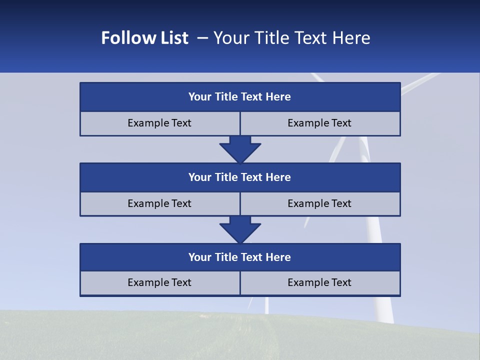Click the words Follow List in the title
tap(144, 38)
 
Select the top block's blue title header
tap(240, 96)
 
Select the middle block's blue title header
tap(240, 177)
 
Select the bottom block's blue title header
tap(240, 257)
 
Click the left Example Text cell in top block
tap(159, 123)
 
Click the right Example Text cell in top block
tap(319, 123)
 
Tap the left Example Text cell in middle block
tap(159, 203)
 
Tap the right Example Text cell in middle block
tap(319, 203)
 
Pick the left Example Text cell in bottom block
tap(159, 282)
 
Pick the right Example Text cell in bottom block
tap(319, 282)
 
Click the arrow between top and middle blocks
tap(240, 149)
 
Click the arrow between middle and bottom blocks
tap(240, 229)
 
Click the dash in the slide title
tap(202, 38)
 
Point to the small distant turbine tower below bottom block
tap(266, 305)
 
